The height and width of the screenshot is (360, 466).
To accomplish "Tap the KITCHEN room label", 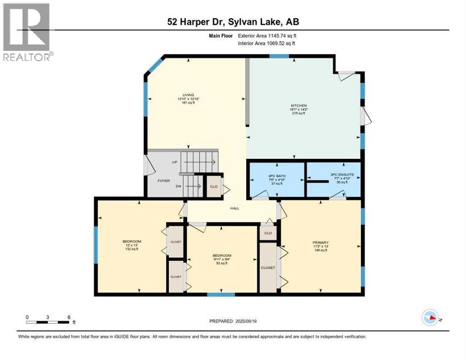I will tap(298, 105).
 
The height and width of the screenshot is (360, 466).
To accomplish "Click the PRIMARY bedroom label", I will tap(321, 242).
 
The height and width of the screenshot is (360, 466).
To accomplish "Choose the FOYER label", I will tap(164, 180).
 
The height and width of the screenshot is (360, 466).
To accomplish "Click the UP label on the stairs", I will tap(175, 162).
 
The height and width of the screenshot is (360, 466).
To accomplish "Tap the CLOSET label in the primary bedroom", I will tap(268, 267).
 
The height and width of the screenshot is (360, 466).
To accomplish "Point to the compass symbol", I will tap(430, 317).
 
